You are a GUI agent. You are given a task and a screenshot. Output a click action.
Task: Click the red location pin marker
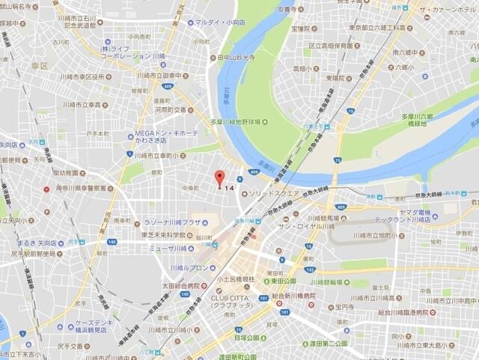coord(219,178)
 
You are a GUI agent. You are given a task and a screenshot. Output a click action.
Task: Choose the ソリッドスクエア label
coord(275,193)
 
